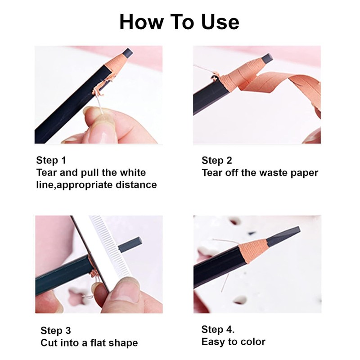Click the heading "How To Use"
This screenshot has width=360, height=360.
(x=179, y=22)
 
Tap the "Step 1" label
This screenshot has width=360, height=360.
(x=51, y=161)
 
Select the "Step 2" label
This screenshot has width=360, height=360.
(x=217, y=161)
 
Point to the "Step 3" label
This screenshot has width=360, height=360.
(x=56, y=331)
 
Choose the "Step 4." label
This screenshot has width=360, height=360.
(x=218, y=329)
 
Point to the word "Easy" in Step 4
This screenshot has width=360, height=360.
(x=213, y=342)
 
